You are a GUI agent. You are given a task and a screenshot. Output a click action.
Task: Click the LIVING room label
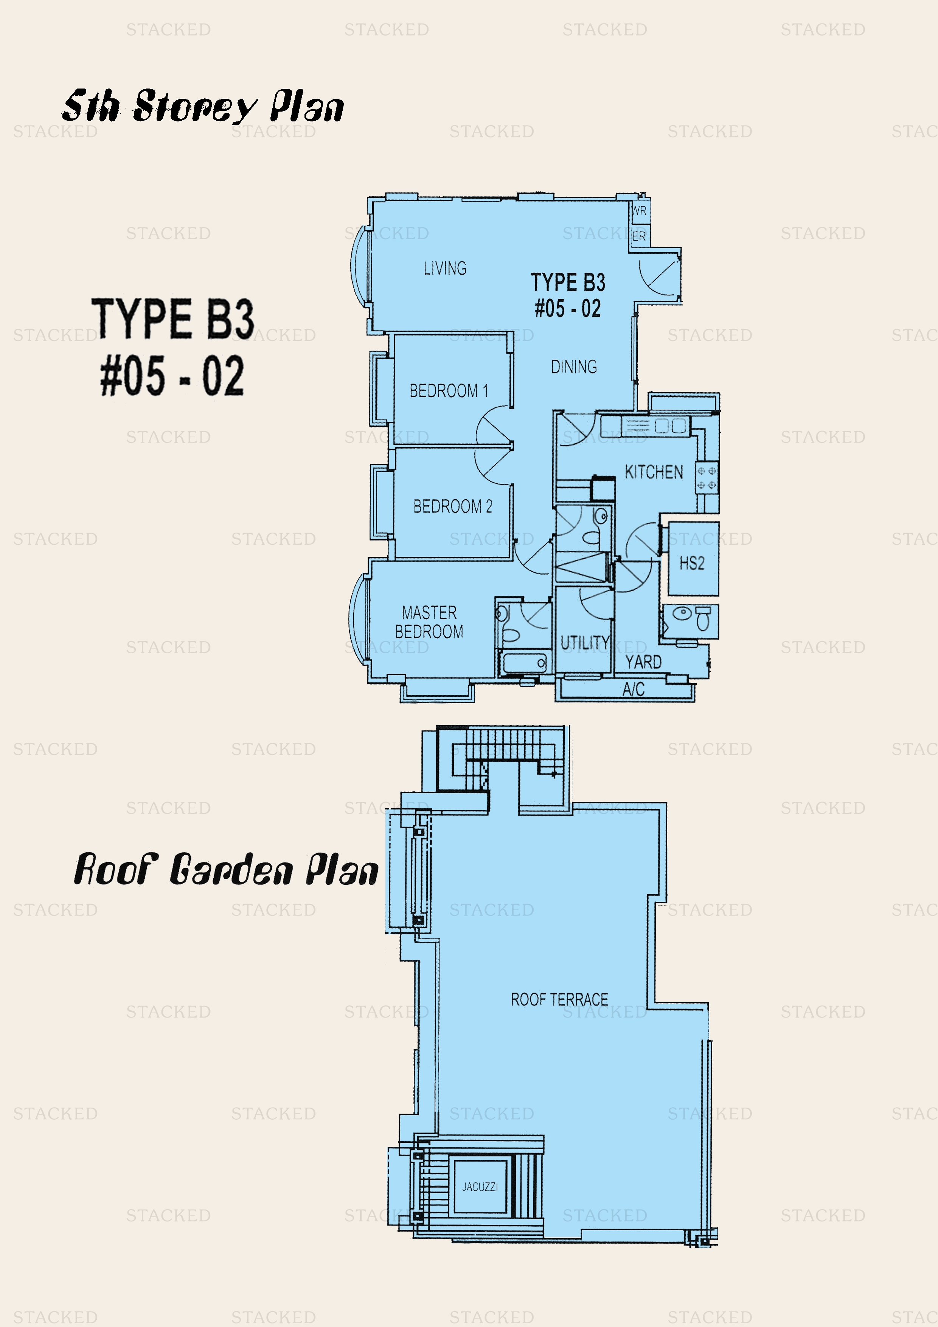point(445,268)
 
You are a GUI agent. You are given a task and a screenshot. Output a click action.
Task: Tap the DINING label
point(574,367)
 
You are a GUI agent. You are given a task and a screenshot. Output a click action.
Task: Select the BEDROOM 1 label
point(449,391)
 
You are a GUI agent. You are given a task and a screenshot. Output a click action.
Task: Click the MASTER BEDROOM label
point(429,622)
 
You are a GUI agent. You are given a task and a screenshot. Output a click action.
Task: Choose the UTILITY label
point(585,643)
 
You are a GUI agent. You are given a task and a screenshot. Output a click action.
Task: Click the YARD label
point(643,662)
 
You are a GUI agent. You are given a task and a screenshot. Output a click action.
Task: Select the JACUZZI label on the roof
point(480,1187)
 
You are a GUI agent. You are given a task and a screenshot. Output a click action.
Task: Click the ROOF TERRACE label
point(559,999)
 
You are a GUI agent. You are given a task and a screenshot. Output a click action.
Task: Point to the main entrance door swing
point(659,276)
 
